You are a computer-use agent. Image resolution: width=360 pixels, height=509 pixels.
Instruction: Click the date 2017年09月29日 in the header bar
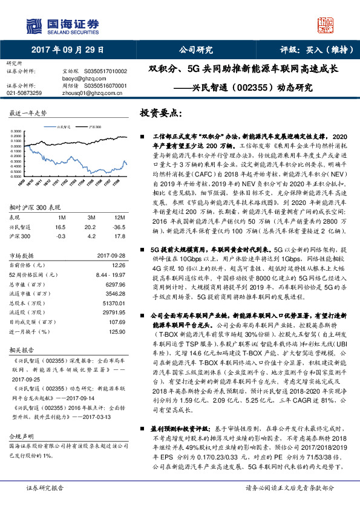pyautogui.click(x=68, y=50)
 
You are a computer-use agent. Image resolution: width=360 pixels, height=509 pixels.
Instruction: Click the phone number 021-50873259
pyautogui.click(x=24, y=94)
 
